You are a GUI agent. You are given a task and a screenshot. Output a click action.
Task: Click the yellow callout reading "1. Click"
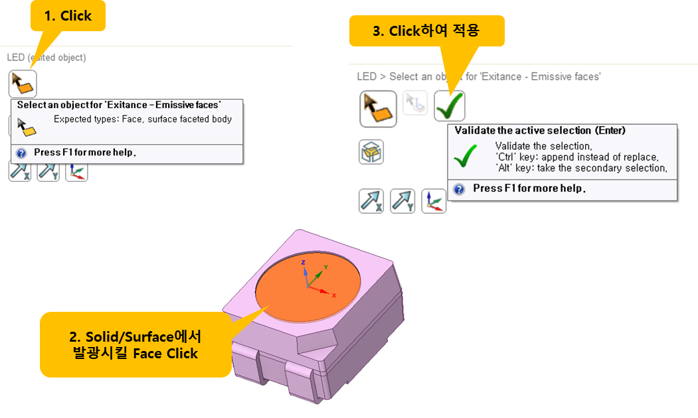68,16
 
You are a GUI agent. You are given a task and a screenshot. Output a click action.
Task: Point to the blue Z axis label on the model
303,262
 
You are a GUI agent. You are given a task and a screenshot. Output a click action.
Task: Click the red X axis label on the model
334,295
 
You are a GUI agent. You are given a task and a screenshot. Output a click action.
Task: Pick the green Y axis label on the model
325,267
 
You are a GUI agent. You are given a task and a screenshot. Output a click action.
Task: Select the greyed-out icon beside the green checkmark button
415,104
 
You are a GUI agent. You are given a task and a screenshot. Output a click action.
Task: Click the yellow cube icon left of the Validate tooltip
371,153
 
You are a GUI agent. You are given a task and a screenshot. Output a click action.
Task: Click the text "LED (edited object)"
46,58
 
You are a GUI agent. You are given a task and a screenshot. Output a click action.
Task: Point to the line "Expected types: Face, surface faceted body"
143,119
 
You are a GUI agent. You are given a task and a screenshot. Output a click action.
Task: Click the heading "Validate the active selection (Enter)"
540,131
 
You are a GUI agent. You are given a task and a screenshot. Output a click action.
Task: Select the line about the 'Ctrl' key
576,157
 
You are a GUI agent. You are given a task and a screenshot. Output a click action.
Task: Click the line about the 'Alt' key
580,168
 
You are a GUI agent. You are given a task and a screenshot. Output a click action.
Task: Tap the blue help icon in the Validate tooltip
459,189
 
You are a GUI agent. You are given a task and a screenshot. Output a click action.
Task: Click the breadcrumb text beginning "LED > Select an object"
479,76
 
